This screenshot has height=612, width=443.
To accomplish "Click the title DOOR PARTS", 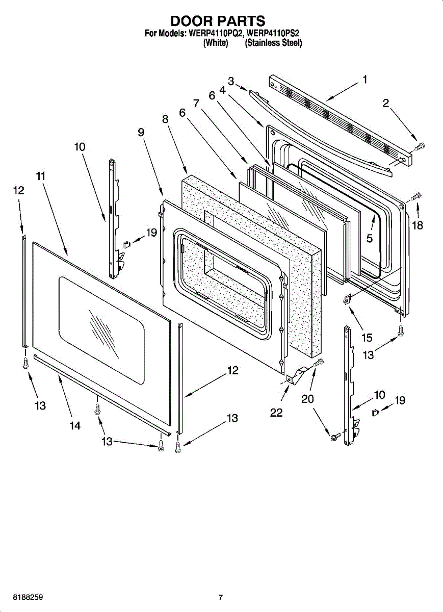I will click(x=218, y=21).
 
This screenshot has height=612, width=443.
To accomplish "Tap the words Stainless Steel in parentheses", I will click(x=274, y=43).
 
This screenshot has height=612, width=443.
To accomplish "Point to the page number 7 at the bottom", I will click(x=220, y=597).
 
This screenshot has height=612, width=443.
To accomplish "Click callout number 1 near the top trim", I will click(x=365, y=79).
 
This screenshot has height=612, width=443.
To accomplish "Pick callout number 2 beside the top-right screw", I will click(x=386, y=104).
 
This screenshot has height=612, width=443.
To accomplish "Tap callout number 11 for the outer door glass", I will click(x=41, y=176).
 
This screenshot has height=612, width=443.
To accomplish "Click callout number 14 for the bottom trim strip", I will click(x=75, y=426).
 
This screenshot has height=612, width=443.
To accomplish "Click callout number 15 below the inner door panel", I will click(x=367, y=337).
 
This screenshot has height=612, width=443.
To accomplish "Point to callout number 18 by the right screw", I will click(x=418, y=225).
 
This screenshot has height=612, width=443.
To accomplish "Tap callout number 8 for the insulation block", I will click(x=165, y=119).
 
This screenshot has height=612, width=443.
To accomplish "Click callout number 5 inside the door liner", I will click(x=370, y=238).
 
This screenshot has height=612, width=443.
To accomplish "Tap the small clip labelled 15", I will click(x=348, y=300).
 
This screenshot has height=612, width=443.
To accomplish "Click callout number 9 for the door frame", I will click(x=141, y=132).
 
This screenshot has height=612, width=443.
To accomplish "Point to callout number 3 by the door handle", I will click(x=231, y=81).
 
